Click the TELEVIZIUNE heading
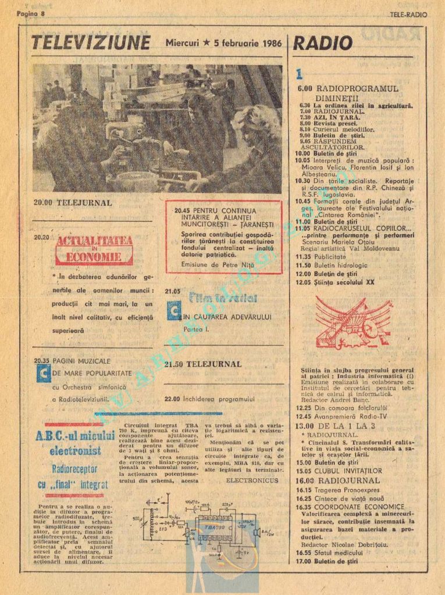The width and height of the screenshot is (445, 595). coord(90,43)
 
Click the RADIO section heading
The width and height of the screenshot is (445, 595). coord(323,44)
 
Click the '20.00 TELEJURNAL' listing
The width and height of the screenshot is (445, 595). coord(73,203)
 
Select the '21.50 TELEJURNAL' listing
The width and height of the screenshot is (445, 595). coord(202,364)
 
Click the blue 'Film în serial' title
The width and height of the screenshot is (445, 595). coord(223,299)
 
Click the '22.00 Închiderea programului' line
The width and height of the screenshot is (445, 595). coord(210,399)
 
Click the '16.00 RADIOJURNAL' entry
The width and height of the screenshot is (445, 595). coord(337,481)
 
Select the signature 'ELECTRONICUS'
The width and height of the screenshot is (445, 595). coord(251,481)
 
